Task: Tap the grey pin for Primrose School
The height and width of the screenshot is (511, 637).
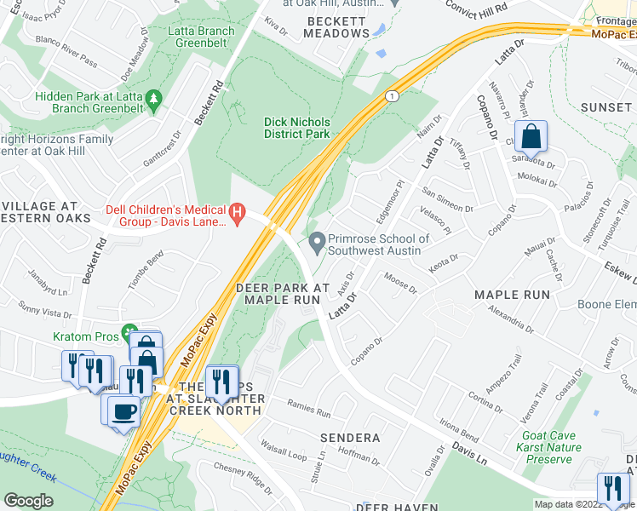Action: pos(317,244)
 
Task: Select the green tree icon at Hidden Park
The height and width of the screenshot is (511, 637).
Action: pos(154,100)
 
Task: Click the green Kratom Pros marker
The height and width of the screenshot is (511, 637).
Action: pos(129,331)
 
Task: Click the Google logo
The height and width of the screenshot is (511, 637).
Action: pos(29,501)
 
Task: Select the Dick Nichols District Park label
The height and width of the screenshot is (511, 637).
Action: pos(296,128)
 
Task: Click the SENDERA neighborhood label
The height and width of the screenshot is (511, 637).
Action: pos(349,438)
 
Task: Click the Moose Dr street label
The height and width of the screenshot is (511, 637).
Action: pos(400,284)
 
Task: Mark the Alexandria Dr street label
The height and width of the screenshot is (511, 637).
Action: pos(508,319)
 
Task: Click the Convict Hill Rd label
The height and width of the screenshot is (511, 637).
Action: pos(477,6)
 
